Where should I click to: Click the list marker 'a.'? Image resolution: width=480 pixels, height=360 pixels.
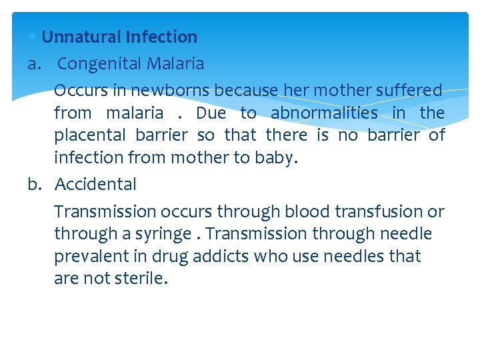pyautogui.click(x=36, y=64)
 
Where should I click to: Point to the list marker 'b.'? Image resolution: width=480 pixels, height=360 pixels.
pyautogui.click(x=37, y=184)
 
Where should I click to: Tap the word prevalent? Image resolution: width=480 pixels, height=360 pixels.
pyautogui.click(x=87, y=256)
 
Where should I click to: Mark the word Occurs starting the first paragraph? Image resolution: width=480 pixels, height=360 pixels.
pyautogui.click(x=79, y=90)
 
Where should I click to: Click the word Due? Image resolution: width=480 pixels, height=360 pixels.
pyautogui.click(x=211, y=113)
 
